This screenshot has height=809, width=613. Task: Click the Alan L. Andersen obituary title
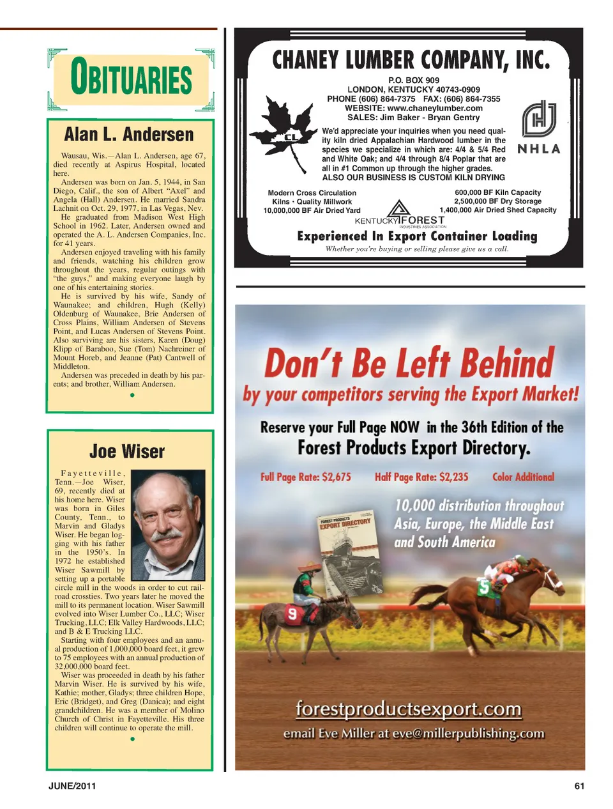click(x=128, y=135)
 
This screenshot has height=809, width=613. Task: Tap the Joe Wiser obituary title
click(x=127, y=451)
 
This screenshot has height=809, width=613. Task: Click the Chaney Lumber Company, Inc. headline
click(x=411, y=60)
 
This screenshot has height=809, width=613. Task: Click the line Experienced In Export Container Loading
click(x=417, y=236)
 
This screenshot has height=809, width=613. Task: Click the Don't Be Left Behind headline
click(x=409, y=363)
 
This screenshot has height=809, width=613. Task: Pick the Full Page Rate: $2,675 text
click(x=305, y=477)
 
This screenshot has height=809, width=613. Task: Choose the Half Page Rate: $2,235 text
click(x=421, y=477)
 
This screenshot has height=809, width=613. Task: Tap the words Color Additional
click(x=523, y=477)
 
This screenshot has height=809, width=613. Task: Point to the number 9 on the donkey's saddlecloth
click(x=292, y=614)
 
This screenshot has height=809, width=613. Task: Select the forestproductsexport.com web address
click(x=409, y=709)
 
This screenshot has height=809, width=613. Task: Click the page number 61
click(x=579, y=786)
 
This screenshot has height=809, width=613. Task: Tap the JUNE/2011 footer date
click(x=72, y=786)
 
